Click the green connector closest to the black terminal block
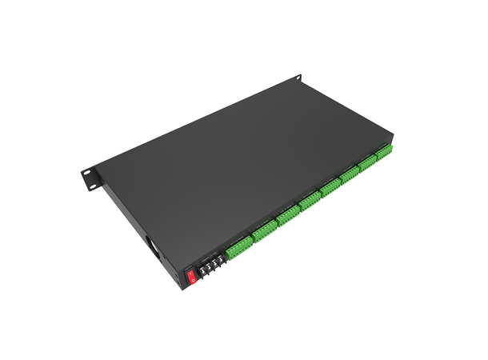238,248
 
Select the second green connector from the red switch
263,233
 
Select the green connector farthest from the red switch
385,153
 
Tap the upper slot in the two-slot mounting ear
86,172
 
